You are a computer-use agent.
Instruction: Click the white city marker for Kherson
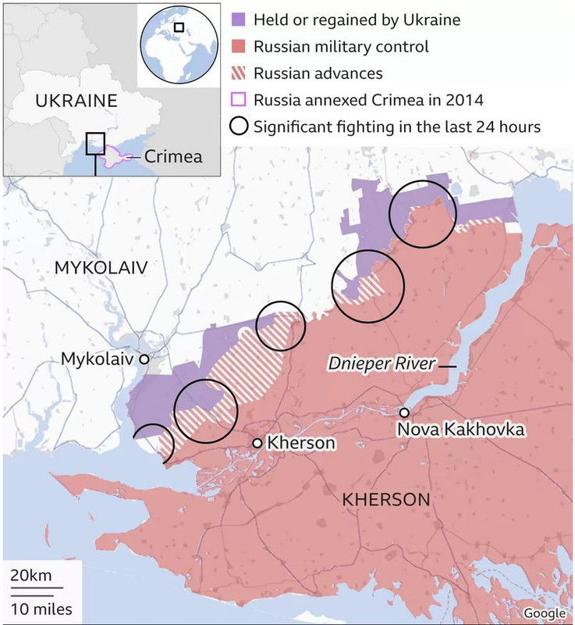(x=257, y=443)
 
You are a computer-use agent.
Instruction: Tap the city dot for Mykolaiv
(x=144, y=359)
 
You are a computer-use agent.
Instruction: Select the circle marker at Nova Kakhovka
(x=404, y=412)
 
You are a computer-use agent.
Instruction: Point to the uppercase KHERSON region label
(x=386, y=499)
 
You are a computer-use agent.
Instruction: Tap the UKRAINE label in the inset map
(x=76, y=101)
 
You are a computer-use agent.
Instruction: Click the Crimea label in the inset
(x=172, y=156)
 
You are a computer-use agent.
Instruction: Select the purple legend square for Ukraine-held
(x=240, y=20)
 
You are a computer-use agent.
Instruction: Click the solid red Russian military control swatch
(x=240, y=47)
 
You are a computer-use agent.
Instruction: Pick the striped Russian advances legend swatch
(x=240, y=73)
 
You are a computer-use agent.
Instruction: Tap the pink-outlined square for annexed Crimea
(x=240, y=100)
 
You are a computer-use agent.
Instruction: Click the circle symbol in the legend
(x=240, y=127)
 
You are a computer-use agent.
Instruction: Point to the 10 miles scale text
(x=42, y=608)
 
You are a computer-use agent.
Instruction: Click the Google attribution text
(x=544, y=612)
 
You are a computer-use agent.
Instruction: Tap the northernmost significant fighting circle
(x=421, y=213)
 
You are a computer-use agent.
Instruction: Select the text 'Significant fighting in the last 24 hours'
(x=398, y=127)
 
